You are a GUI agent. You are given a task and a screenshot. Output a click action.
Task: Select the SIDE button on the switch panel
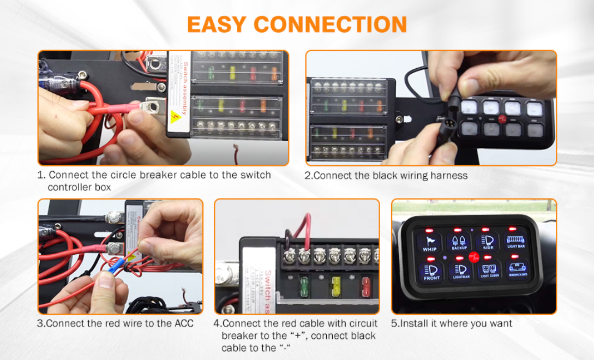coord(488,241)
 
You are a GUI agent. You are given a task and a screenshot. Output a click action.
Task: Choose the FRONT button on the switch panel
coord(431,271)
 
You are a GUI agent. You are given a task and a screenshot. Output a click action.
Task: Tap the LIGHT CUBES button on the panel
coord(489,271)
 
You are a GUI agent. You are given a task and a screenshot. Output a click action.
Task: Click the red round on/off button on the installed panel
coord(473,256)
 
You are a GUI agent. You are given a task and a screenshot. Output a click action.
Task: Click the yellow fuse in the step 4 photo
coord(336,284)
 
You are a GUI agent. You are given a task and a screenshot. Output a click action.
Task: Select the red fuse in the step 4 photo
coord(365,284)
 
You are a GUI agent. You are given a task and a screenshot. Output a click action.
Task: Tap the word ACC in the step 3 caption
coord(184,323)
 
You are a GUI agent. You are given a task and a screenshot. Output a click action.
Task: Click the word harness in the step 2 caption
coord(449,176)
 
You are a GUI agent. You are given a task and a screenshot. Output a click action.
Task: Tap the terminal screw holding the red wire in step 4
coord(304,254)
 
